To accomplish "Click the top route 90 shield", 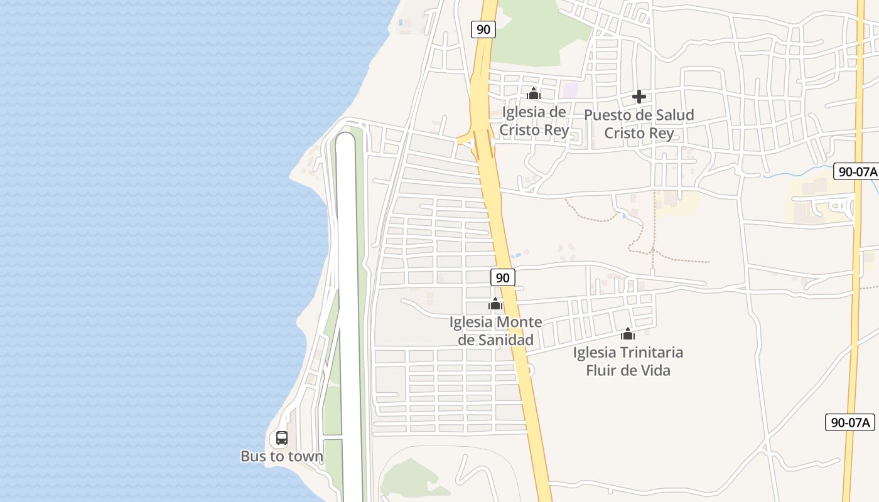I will (x=483, y=29).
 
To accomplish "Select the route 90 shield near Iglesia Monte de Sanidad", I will (x=502, y=277).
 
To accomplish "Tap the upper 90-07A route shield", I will (x=856, y=171).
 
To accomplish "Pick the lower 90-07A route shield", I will (x=850, y=422).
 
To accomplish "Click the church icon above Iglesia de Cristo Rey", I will (x=534, y=94).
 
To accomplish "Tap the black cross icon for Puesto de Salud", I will (x=639, y=97).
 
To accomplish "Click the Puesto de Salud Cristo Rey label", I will (x=639, y=124).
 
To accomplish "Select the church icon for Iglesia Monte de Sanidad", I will (x=495, y=304).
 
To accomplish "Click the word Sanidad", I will (x=505, y=340).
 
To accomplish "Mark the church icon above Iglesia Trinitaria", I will (x=628, y=334).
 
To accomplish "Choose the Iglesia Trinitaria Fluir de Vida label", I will (x=628, y=361).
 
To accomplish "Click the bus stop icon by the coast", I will (x=282, y=438).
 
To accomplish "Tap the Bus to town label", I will (x=282, y=456).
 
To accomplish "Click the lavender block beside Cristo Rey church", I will (x=570, y=90).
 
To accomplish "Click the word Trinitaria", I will (x=650, y=353).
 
